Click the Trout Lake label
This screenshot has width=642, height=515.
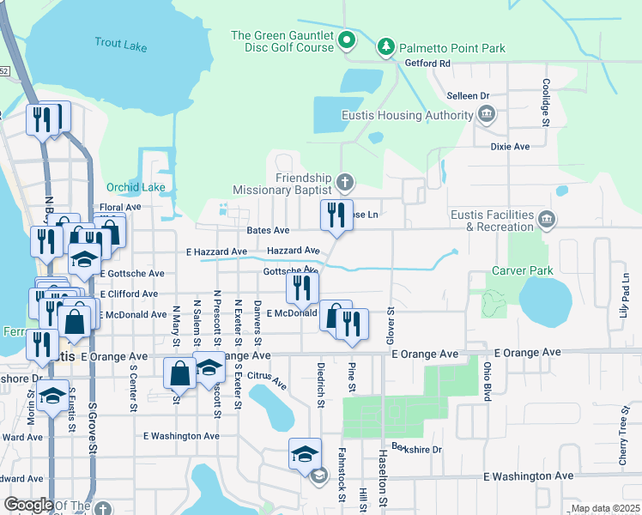pyautogui.click(x=121, y=44)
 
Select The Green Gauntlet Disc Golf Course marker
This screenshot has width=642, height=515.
pyautogui.click(x=347, y=40)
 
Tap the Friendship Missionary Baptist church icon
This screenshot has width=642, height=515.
pyautogui.click(x=344, y=182)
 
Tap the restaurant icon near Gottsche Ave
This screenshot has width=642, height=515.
pyautogui.click(x=302, y=288)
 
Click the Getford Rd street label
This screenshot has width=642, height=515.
pyautogui.click(x=427, y=64)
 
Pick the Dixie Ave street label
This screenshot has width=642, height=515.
pyautogui.click(x=510, y=147)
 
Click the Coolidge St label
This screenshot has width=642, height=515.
pyautogui.click(x=545, y=102)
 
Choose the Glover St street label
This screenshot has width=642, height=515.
pyautogui.click(x=391, y=321)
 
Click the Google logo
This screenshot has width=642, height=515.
pyautogui.click(x=28, y=505)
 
